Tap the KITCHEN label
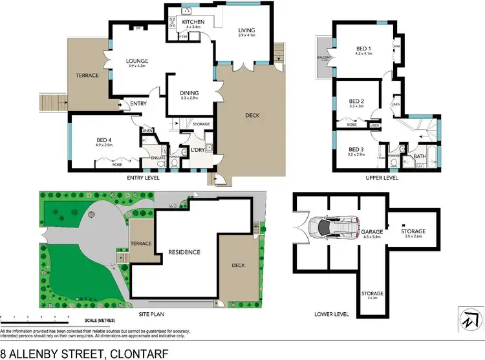(x=193, y=22)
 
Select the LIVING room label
(x=246, y=30)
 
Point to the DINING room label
(x=189, y=93)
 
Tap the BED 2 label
(x=356, y=101)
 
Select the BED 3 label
(x=357, y=150)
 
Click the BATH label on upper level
(x=418, y=156)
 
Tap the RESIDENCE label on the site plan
(x=184, y=251)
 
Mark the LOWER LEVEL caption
(x=331, y=313)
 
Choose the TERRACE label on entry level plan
(x=87, y=76)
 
